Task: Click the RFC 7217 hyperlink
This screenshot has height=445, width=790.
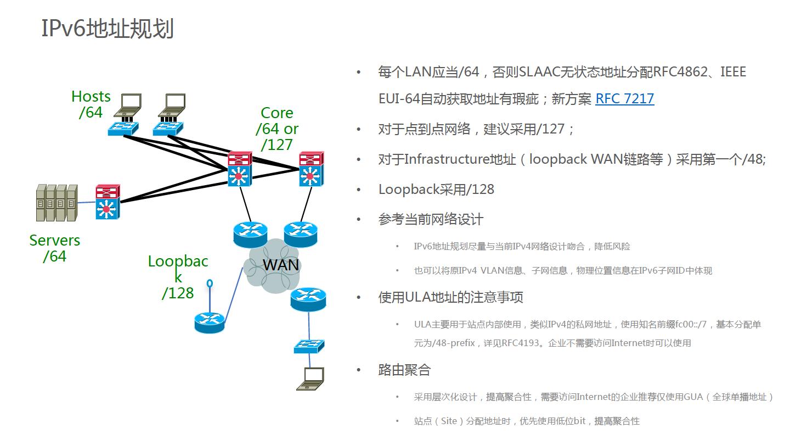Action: click(624, 99)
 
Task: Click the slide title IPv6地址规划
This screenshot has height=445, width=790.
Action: click(108, 29)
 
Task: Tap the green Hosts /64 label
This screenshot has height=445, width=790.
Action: click(91, 104)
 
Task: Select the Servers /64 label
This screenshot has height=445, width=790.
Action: click(54, 248)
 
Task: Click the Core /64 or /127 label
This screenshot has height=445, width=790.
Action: click(277, 129)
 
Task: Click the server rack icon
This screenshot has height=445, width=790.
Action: click(56, 203)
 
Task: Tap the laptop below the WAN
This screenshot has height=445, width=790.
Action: click(310, 379)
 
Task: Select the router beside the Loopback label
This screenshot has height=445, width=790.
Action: click(210, 322)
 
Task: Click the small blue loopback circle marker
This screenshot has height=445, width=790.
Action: click(210, 283)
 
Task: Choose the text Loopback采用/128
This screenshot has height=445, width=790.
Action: click(436, 190)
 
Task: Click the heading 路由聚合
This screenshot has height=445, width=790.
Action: click(404, 370)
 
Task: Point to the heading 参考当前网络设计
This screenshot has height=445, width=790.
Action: click(431, 219)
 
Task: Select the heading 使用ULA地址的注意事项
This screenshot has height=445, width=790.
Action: click(450, 297)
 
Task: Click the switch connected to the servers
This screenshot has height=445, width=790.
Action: click(107, 202)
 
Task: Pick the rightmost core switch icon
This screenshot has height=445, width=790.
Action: click(311, 169)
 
